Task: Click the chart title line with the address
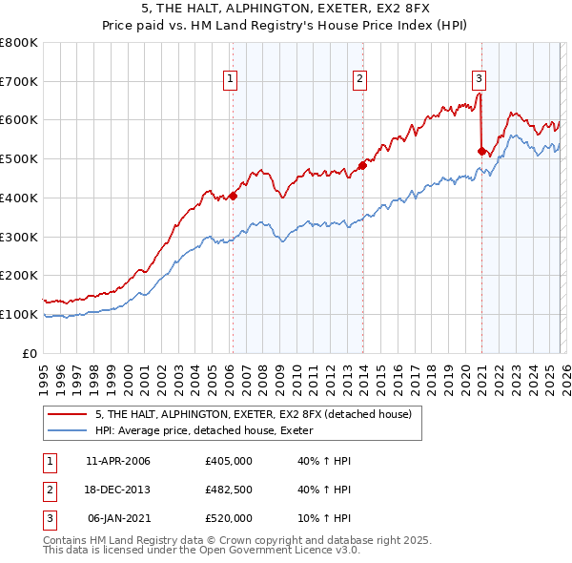coord(286,10)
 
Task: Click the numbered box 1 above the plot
coord(232,79)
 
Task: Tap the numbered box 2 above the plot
coord(360,79)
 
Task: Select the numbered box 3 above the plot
coord(479,79)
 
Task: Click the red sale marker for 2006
coord(233,197)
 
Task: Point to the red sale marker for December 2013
coord(363,165)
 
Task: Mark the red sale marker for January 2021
coord(481,150)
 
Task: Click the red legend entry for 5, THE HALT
coord(253,414)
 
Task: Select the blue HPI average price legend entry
coord(211,431)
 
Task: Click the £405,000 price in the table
coord(229,461)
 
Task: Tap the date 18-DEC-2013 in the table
coord(118,490)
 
